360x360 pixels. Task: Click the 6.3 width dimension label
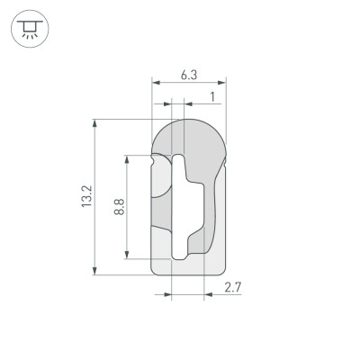tap(188, 76)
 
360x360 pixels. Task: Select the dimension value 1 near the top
tap(211, 95)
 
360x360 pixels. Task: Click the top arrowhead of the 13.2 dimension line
tap(94, 123)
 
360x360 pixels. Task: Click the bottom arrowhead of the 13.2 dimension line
tap(94, 269)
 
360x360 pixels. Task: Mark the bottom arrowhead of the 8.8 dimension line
tap(128, 255)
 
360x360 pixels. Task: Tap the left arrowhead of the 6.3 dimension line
tap(156, 84)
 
